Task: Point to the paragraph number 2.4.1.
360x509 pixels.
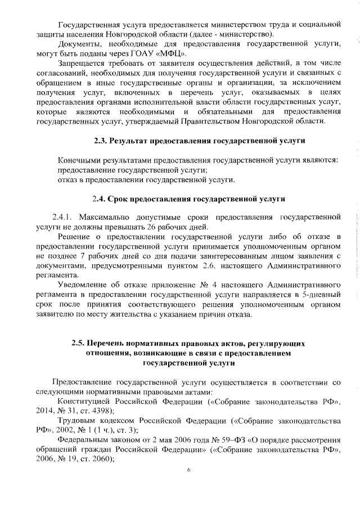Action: (x=63, y=217)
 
